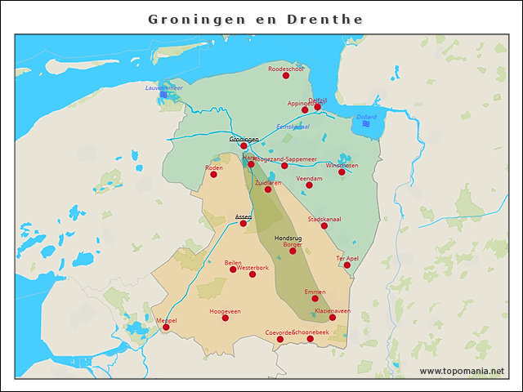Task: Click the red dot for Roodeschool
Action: (286, 75)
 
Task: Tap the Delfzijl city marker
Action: (318, 107)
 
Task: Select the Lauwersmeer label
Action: (163, 87)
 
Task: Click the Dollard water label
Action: (366, 117)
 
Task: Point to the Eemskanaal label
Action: (293, 127)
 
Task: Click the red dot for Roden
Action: (213, 174)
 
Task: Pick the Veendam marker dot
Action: (309, 185)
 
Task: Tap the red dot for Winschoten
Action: (342, 172)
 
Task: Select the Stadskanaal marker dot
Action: (324, 226)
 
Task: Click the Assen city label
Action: (243, 216)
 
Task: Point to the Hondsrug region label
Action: (288, 238)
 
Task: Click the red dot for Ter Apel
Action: (347, 265)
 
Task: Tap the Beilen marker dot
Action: (233, 269)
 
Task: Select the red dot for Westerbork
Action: (253, 274)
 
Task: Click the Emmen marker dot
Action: (315, 298)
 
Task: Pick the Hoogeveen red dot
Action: (226, 318)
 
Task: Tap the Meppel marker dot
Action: (166, 327)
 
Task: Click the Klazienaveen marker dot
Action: (333, 318)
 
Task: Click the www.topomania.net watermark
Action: (462, 371)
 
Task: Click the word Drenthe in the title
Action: (325, 19)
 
